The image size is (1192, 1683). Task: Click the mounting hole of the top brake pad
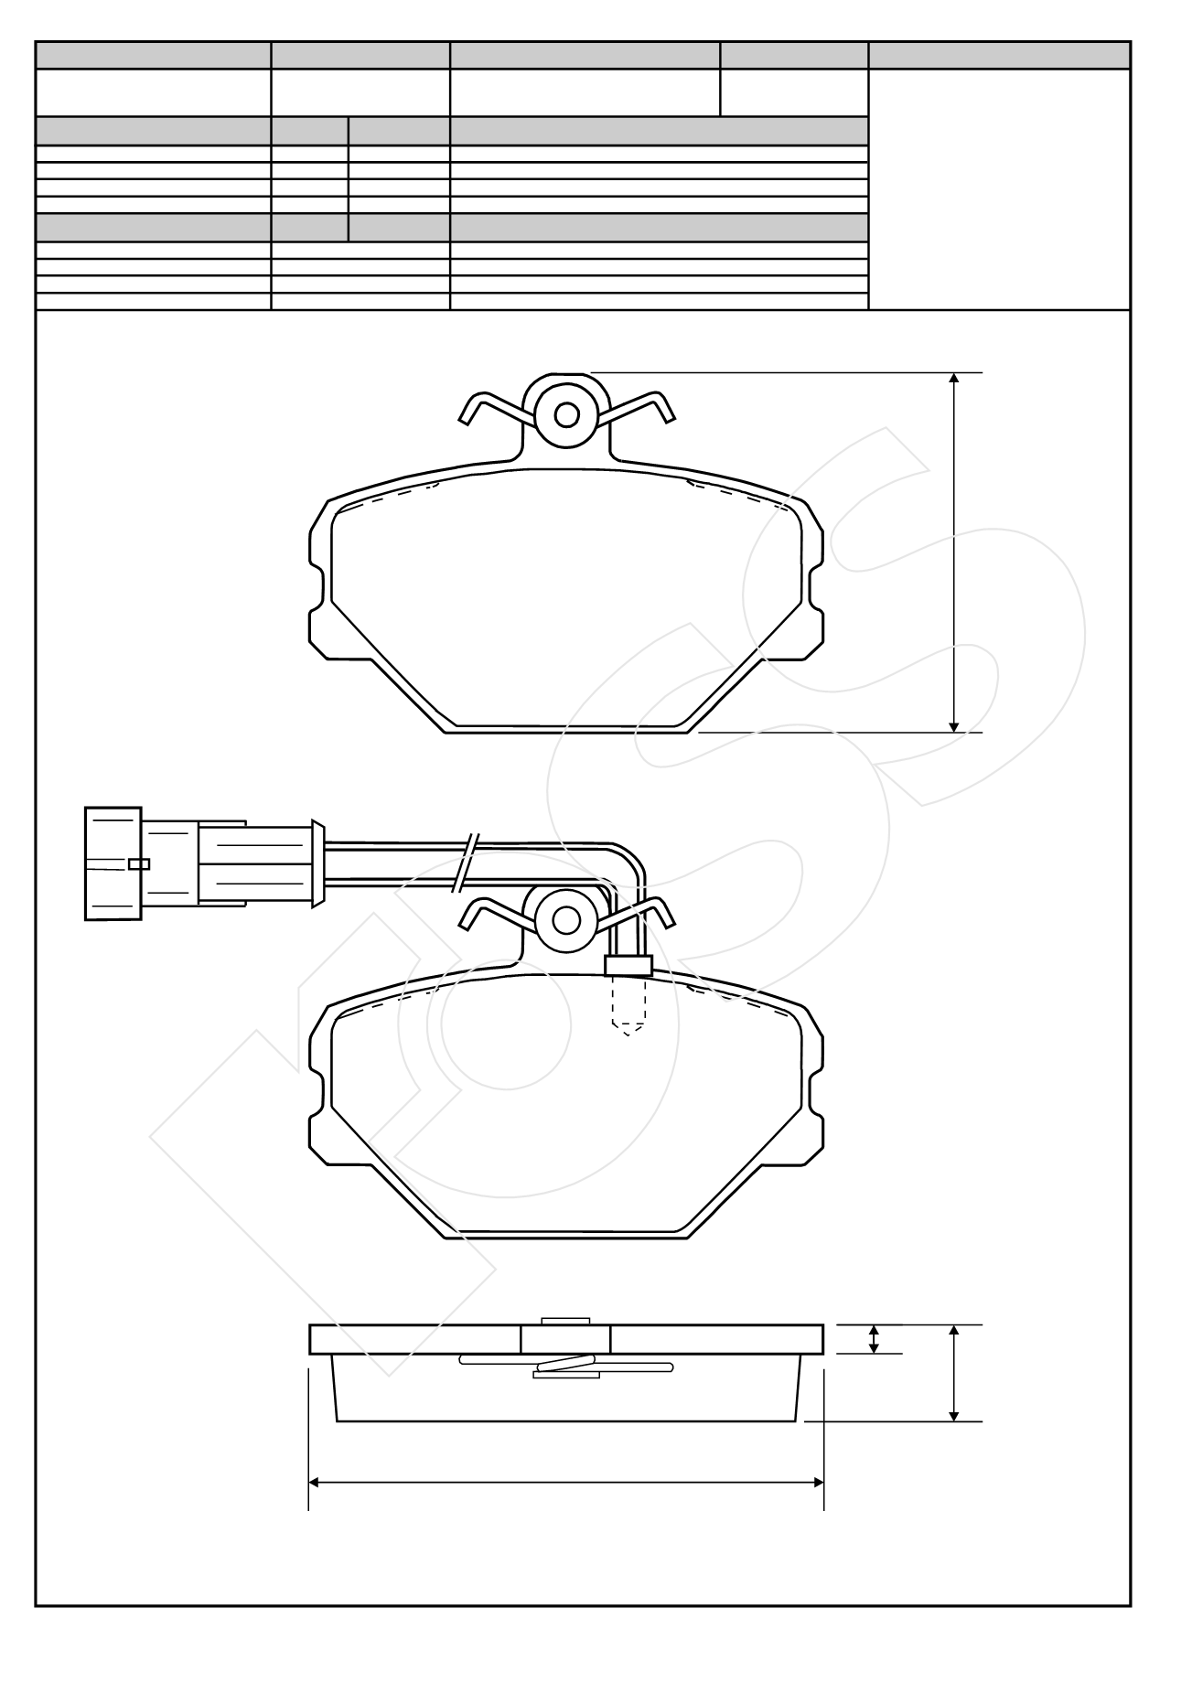(x=566, y=414)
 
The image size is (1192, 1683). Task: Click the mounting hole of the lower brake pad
(x=566, y=919)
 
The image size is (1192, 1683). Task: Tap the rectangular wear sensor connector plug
(x=113, y=863)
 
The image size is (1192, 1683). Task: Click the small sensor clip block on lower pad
(x=628, y=966)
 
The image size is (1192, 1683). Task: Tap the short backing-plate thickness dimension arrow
(x=874, y=1339)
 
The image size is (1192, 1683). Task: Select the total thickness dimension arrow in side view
(x=954, y=1373)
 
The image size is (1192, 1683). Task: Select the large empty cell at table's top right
(x=999, y=189)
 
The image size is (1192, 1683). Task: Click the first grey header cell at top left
(x=153, y=56)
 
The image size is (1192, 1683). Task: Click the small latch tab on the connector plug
(x=138, y=863)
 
